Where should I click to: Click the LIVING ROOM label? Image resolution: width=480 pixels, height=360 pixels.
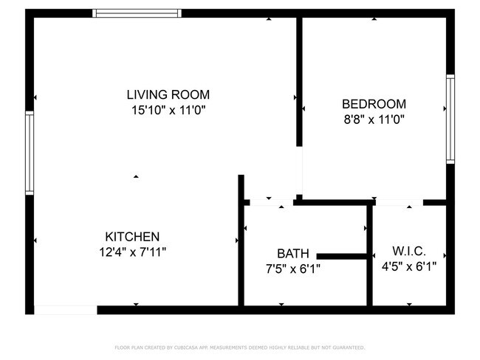coord(168,94)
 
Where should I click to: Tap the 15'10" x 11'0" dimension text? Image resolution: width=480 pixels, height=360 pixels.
coord(168,110)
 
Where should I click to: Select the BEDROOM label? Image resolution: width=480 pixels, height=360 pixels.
coord(373,104)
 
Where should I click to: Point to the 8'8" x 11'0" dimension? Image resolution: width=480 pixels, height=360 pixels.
coord(373,119)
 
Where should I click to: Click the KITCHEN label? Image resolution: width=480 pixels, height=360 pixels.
coord(132,237)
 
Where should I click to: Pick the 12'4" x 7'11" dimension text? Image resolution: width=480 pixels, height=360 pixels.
coord(132,252)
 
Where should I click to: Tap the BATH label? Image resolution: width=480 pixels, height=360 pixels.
coord(293,253)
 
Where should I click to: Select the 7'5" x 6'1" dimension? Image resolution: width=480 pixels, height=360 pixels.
coord(293,269)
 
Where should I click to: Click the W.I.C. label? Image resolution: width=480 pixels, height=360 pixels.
coord(408,252)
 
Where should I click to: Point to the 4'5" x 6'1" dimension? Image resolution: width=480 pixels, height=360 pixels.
coord(408,266)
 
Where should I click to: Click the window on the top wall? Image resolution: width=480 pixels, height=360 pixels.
coord(137,13)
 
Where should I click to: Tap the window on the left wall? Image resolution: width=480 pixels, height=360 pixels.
coord(30,153)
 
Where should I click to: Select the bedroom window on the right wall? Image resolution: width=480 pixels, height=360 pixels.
coord(450,118)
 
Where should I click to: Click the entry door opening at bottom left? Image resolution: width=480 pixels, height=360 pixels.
coord(66,310)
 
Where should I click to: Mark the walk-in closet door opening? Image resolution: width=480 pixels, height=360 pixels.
coord(399,201)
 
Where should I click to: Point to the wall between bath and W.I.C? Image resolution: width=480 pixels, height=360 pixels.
coord(369,255)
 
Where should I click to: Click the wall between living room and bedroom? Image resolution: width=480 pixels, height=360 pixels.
coord(299,81)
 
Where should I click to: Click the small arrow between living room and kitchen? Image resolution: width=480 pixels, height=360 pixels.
coord(136,176)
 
